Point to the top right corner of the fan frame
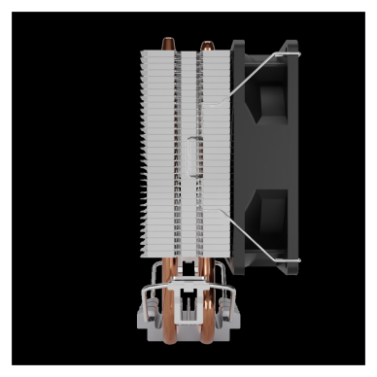coord(293,45)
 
